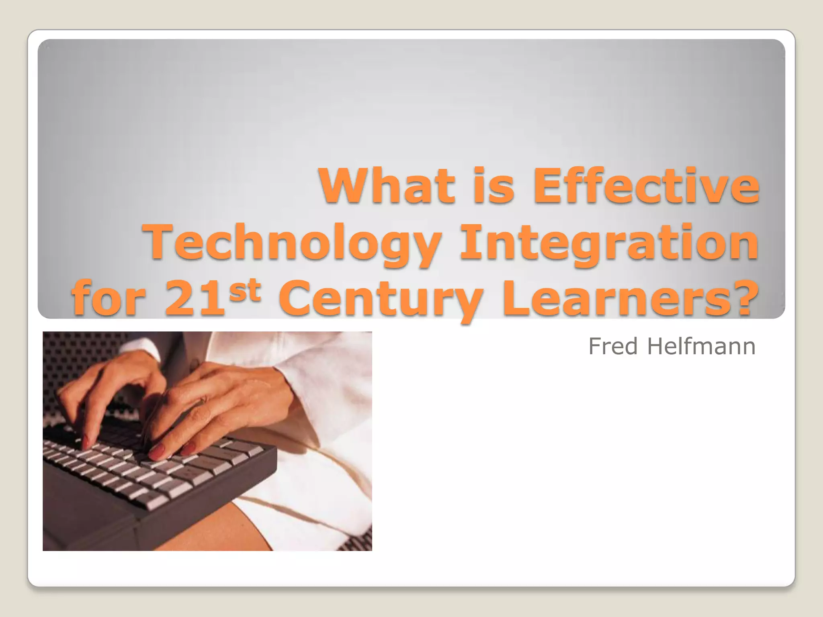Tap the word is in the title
[494, 186]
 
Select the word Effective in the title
[646, 186]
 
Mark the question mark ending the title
[743, 298]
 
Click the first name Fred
[613, 346]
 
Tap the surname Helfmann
[701, 346]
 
